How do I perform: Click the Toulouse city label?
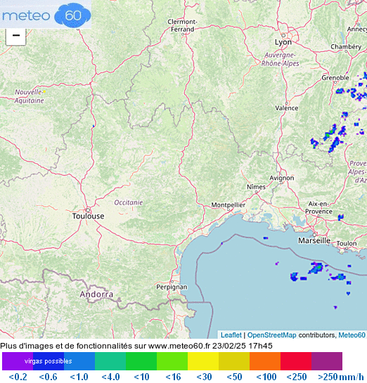tap(88, 216)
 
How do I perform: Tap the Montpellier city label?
tap(228, 205)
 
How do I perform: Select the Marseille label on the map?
tap(314, 240)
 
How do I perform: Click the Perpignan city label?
tap(172, 287)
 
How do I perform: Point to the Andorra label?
tap(96, 294)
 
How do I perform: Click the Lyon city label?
tap(283, 43)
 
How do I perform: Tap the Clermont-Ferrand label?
tap(181, 25)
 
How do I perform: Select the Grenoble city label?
tap(335, 78)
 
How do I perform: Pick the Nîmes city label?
tap(257, 187)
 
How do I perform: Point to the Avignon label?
tap(281, 178)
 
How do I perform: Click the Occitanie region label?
tap(129, 202)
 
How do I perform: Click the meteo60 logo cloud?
tap(73, 14)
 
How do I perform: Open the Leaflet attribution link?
tap(231, 335)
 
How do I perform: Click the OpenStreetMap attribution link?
tap(271, 335)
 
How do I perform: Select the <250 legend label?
tap(296, 377)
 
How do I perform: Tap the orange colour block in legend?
tap(264, 361)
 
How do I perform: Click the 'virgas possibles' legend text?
tap(49, 361)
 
